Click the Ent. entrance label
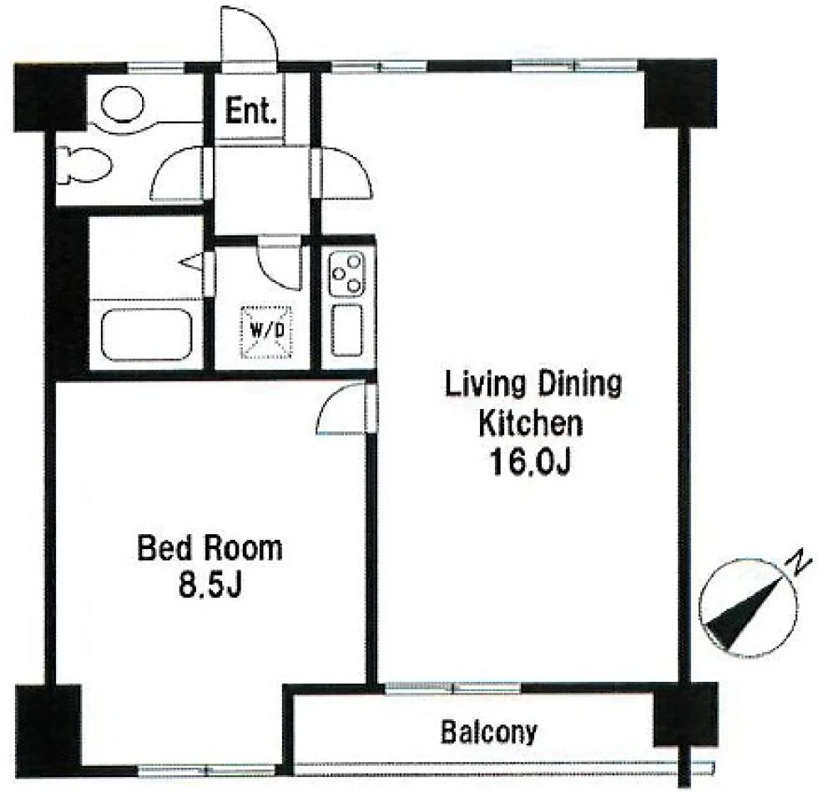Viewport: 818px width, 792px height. pyautogui.click(x=250, y=111)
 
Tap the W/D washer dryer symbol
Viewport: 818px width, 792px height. pyautogui.click(x=265, y=331)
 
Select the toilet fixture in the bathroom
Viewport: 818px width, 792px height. pyautogui.click(x=83, y=164)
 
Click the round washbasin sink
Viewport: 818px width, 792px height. pyautogui.click(x=122, y=105)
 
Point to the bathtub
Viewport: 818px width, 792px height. pyautogui.click(x=146, y=335)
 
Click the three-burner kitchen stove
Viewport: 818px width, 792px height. pyautogui.click(x=346, y=274)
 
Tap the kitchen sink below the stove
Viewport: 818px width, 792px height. pyautogui.click(x=346, y=330)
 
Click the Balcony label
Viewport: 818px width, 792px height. pyautogui.click(x=488, y=732)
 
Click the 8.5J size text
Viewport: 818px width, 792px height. pyautogui.click(x=210, y=586)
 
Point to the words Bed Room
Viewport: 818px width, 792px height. pyautogui.click(x=210, y=548)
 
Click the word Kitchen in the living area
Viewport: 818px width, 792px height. pyautogui.click(x=531, y=423)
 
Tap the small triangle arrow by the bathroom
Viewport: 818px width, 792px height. pyautogui.click(x=191, y=261)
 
